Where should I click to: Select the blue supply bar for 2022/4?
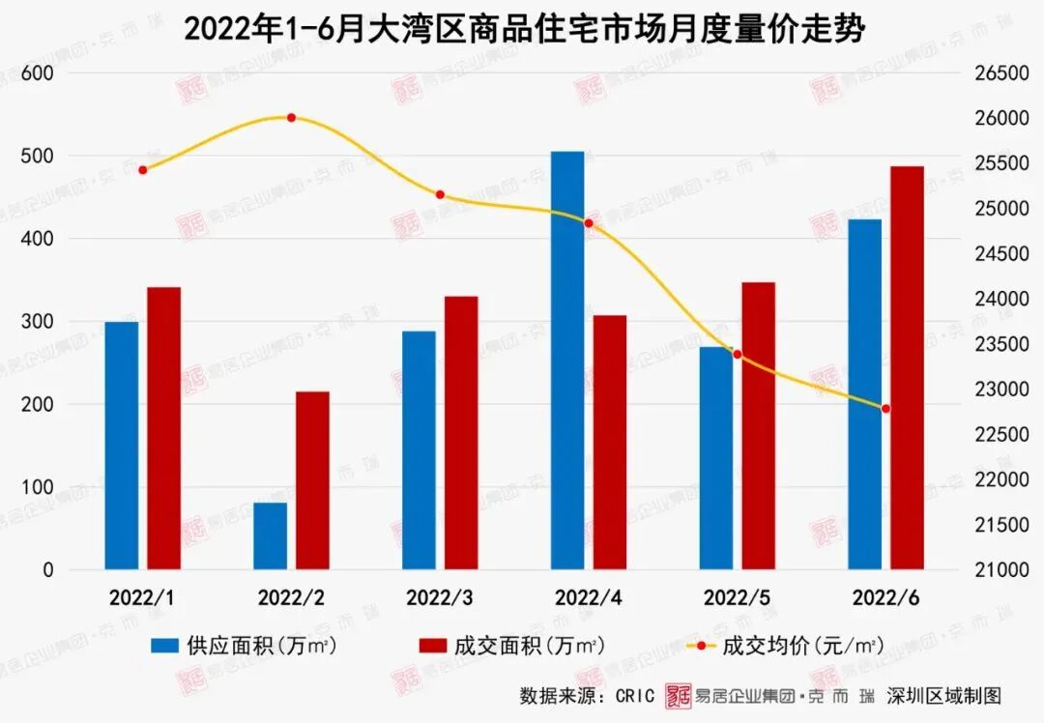(x=567, y=360)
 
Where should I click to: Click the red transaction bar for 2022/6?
(x=907, y=367)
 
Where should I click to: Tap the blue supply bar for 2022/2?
(x=271, y=535)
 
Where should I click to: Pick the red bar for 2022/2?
(x=312, y=480)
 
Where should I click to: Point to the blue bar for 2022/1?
(x=122, y=445)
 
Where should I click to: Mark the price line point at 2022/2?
(x=291, y=118)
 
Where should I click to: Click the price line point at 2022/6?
(x=885, y=409)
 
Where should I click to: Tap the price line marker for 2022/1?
(x=143, y=170)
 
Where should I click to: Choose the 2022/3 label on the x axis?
(x=439, y=597)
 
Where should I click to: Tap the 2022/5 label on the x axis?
(x=737, y=597)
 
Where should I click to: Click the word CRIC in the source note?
(x=633, y=696)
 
